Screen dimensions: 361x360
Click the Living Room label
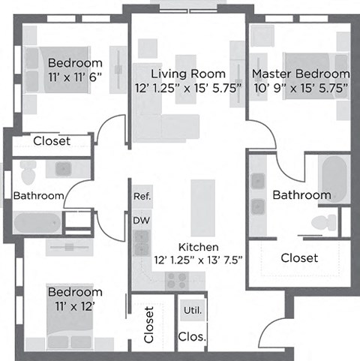187,74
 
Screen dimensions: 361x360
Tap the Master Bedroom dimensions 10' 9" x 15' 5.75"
300,88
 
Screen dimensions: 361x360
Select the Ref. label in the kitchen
142,197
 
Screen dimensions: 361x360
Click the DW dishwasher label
141,221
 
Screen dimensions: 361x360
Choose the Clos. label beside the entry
192,337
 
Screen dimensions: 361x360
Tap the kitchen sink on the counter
142,242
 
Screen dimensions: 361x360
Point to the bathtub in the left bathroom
37,222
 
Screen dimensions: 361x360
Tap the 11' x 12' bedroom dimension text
75,305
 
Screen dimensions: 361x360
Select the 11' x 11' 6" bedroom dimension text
75,77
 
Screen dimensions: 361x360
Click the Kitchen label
198,247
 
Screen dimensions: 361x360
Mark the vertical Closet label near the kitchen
148,324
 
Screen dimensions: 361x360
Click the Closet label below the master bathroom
299,257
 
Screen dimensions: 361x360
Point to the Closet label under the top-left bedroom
52,141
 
